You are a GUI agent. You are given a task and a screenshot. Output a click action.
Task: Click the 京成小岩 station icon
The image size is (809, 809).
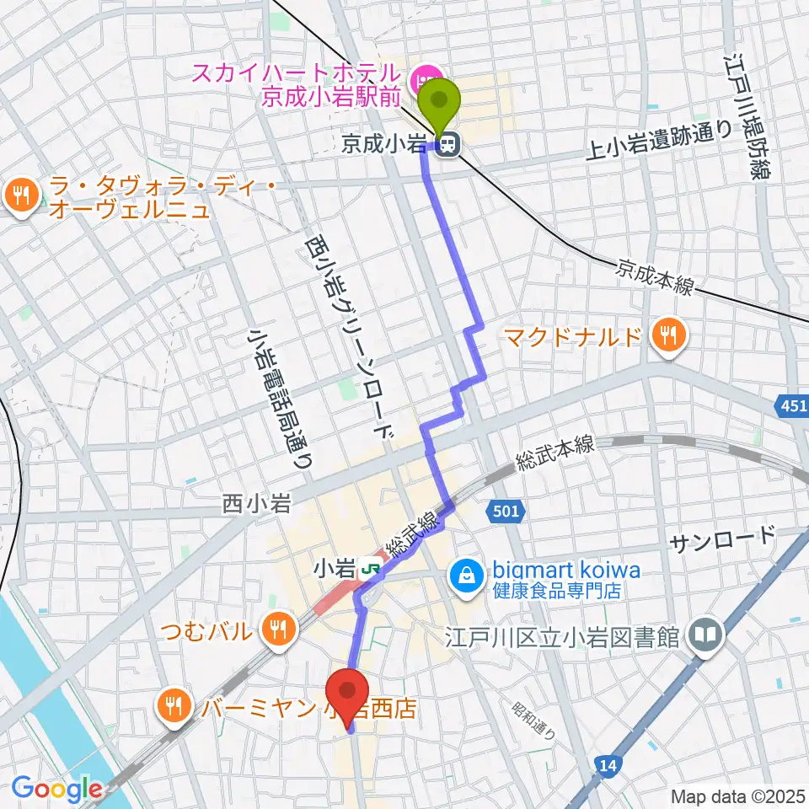tap(449, 146)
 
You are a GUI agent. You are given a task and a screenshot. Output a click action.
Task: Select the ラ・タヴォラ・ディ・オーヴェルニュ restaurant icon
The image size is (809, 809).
tap(19, 196)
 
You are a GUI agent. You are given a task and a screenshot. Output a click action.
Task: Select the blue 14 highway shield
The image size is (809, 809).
tap(606, 764)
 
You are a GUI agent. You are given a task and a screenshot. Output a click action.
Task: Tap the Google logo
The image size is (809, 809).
tap(56, 790)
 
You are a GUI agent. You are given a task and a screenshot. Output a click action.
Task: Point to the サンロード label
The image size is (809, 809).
tap(721, 538)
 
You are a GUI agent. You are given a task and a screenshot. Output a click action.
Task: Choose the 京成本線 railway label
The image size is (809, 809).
tap(654, 279)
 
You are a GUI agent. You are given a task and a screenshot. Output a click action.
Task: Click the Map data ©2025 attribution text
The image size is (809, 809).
tap(737, 796)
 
